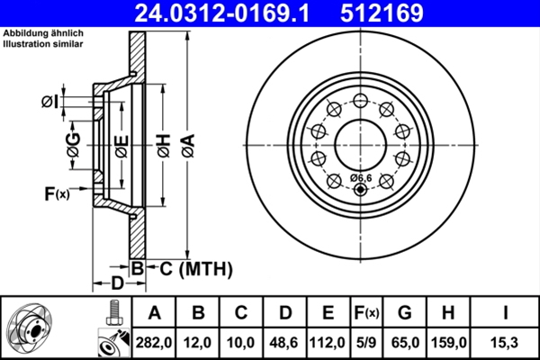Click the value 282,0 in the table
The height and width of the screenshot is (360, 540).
(x=153, y=342)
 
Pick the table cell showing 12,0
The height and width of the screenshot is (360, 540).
(x=198, y=342)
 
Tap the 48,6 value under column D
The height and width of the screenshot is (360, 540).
(x=284, y=342)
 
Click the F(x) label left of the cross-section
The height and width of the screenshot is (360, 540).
(x=56, y=193)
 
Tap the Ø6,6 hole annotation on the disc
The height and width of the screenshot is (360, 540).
(x=362, y=177)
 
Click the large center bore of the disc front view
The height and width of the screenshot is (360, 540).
(x=361, y=141)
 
